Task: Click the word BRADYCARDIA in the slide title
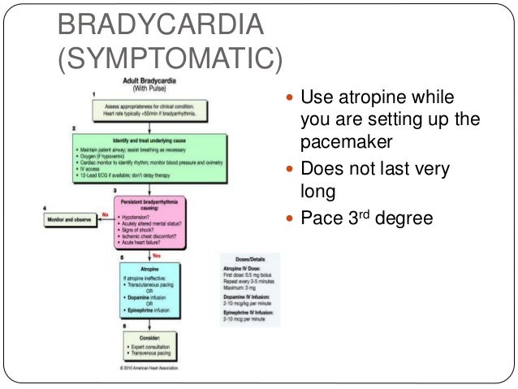click(160, 25)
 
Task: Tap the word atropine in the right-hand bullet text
click(373, 99)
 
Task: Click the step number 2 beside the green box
click(74, 128)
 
